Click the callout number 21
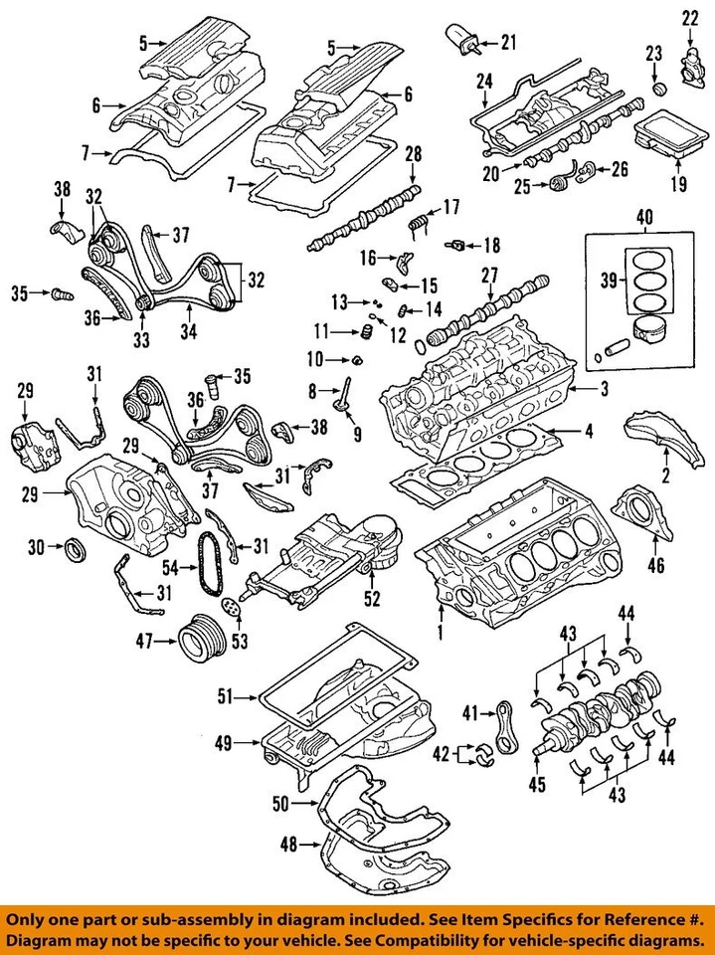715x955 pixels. [x=509, y=42]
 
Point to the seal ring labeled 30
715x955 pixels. [x=74, y=547]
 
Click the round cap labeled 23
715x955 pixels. [x=655, y=87]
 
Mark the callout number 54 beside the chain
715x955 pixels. [x=171, y=568]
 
